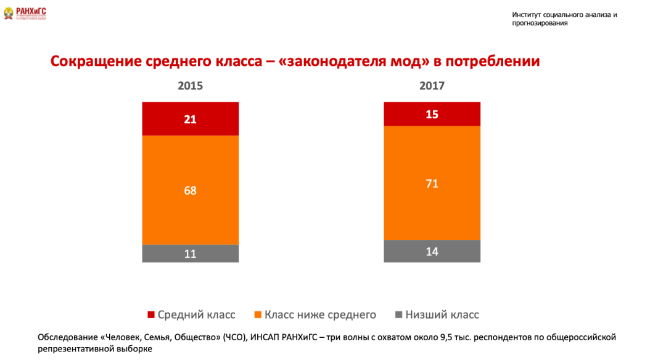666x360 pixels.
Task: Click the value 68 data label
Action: (x=190, y=190)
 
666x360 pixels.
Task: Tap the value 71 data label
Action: (x=432, y=183)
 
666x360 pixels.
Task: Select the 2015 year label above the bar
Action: (x=190, y=86)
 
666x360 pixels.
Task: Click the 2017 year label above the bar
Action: (x=432, y=86)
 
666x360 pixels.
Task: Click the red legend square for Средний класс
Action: (x=151, y=315)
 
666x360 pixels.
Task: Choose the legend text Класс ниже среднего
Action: (x=320, y=315)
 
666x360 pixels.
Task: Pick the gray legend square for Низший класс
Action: (x=399, y=315)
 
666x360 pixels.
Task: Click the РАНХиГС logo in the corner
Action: (x=25, y=13)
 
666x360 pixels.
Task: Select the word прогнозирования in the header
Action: (x=540, y=23)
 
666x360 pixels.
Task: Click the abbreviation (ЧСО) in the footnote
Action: (x=236, y=337)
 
